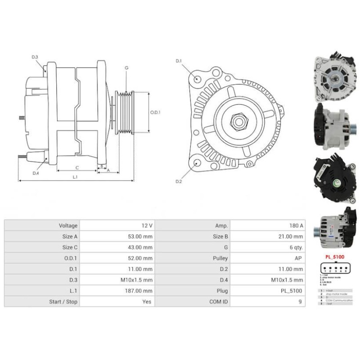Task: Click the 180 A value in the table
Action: (x=296, y=225)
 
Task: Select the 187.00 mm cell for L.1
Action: (x=140, y=291)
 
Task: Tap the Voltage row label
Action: (x=68, y=225)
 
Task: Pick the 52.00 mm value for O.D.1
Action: (x=140, y=258)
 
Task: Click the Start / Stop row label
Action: (x=63, y=302)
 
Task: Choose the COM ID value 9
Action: (x=300, y=302)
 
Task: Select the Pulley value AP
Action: (x=298, y=258)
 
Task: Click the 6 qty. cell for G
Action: (x=295, y=247)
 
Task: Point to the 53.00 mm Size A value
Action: (x=140, y=236)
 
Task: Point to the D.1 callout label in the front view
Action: (x=178, y=61)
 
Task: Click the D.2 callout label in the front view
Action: (x=178, y=181)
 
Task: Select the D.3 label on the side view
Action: (x=35, y=57)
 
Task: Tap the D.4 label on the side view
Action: (x=36, y=173)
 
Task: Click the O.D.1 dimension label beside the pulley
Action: (x=155, y=112)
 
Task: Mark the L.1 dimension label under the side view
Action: (x=75, y=177)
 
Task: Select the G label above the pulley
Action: (x=126, y=67)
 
